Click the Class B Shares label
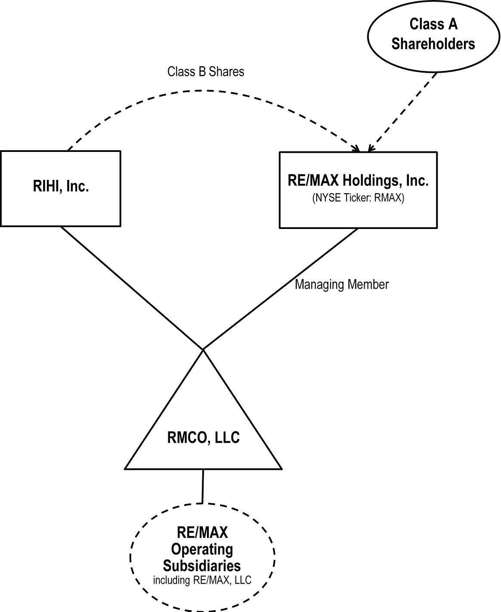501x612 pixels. pyautogui.click(x=206, y=71)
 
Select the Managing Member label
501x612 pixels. pyautogui.click(x=342, y=284)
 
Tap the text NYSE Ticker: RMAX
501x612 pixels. pyautogui.click(x=358, y=199)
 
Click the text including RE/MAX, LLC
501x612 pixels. pyautogui.click(x=202, y=580)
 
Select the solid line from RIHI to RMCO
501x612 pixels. pyautogui.click(x=131, y=287)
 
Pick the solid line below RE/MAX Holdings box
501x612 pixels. pyautogui.click(x=280, y=288)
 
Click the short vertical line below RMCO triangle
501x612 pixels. pyautogui.click(x=203, y=485)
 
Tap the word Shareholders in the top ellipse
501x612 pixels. pyautogui.click(x=433, y=44)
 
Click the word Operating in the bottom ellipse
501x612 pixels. pyautogui.click(x=202, y=549)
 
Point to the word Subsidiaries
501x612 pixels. pyautogui.click(x=202, y=566)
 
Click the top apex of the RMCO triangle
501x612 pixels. pyautogui.click(x=203, y=350)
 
